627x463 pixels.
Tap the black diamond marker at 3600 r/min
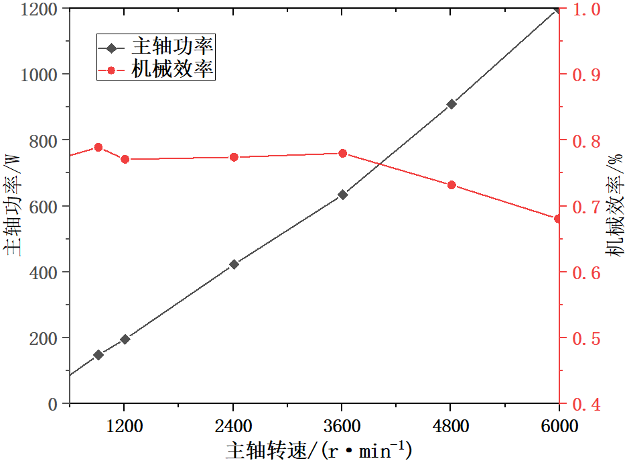click(x=342, y=195)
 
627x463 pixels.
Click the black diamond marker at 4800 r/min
click(x=451, y=104)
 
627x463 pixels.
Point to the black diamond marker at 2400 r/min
click(x=234, y=264)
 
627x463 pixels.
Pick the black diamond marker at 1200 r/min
click(x=125, y=339)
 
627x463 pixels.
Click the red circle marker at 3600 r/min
click(x=342, y=153)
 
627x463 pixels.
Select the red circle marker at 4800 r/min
click(x=451, y=185)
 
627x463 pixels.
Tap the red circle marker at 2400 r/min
click(x=234, y=157)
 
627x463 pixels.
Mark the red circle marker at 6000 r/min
click(x=557, y=219)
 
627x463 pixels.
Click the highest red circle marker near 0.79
click(x=98, y=147)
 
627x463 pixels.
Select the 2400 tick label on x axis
click(x=234, y=427)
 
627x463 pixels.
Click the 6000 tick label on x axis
click(x=559, y=427)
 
